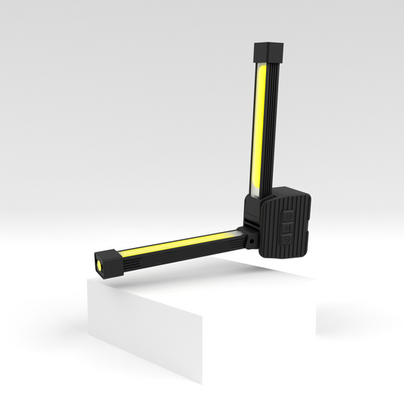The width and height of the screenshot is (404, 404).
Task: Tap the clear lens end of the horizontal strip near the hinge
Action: coord(229,231)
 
